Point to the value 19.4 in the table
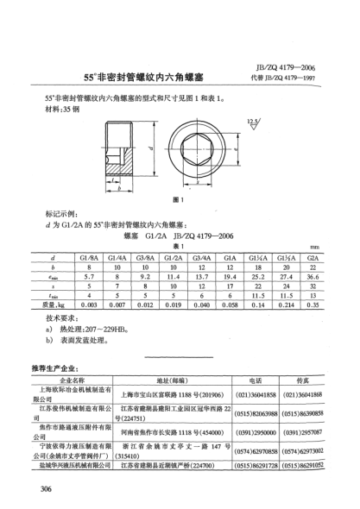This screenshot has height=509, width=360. click(x=231, y=277)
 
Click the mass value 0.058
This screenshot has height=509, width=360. click(x=231, y=305)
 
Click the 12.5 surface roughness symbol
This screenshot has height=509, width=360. click(x=252, y=122)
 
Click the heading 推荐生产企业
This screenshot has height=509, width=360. click(x=55, y=368)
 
